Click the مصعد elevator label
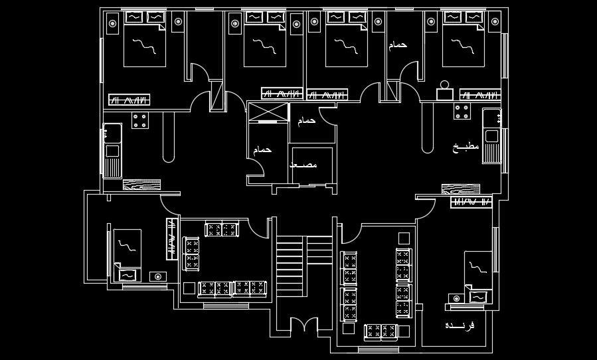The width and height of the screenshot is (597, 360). pyautogui.click(x=303, y=164)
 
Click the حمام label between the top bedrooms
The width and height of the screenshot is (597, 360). pyautogui.click(x=396, y=45)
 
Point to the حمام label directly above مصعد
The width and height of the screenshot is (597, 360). pyautogui.click(x=305, y=122)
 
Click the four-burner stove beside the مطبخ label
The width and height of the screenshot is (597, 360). pyautogui.click(x=462, y=112)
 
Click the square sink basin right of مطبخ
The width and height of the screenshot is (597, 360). pyautogui.click(x=491, y=136)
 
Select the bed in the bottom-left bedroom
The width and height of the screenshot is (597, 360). pyautogui.click(x=127, y=250)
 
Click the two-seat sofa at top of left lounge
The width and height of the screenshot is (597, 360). pyautogui.click(x=222, y=230)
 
